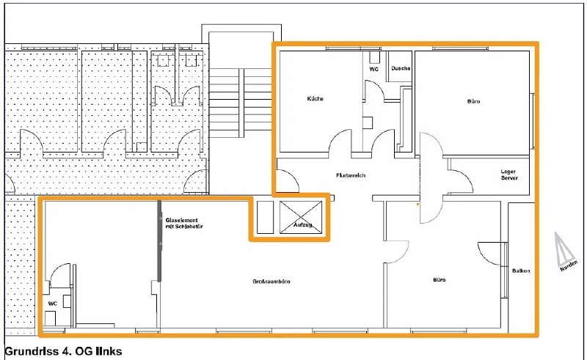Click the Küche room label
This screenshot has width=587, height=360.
coord(316,99)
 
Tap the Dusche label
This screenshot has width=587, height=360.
coord(401,68)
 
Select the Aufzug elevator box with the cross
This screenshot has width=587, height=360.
coord(301,218)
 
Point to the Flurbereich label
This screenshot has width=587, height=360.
coord(351,175)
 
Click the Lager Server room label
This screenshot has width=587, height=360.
coord(509,175)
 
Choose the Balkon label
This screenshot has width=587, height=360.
coord(521,271)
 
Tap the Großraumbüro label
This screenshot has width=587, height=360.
coord(271,282)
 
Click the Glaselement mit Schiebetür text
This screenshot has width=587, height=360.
coord(184,224)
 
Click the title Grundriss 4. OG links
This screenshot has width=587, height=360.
coord(63,351)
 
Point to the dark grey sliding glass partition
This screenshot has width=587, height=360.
coord(159,241)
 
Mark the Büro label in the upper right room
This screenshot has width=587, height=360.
coord(473,101)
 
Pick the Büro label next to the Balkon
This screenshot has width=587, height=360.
coord(439,279)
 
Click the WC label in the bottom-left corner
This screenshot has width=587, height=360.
coord(53,304)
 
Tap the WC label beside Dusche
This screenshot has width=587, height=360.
coord(373,69)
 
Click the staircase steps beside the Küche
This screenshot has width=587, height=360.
coord(240,100)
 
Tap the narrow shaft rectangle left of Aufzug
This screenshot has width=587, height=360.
coord(266,218)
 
